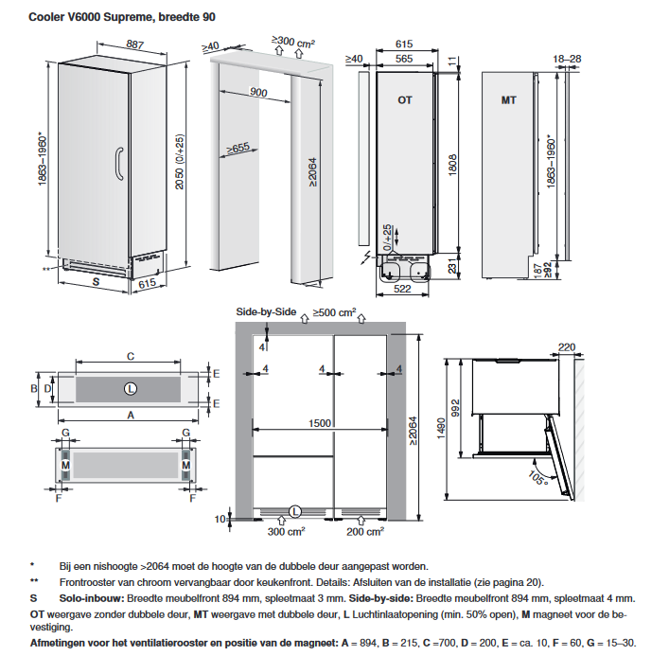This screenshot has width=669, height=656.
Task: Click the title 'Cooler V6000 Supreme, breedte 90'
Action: click(122, 17)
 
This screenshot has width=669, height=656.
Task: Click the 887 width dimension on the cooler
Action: click(134, 44)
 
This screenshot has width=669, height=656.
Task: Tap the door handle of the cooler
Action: click(118, 165)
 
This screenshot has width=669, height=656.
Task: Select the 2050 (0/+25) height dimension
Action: click(180, 162)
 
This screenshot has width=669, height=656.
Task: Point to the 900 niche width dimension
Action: click(258, 92)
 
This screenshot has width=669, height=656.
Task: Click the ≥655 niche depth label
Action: click(238, 149)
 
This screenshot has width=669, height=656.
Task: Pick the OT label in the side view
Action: click(405, 100)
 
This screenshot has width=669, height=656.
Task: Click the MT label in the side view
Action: click(508, 100)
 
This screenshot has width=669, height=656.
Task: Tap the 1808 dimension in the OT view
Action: click(452, 165)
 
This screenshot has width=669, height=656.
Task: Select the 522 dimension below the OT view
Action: click(402, 289)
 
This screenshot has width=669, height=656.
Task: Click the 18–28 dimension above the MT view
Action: click(567, 59)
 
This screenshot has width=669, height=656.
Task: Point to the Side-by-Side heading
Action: click(266, 312)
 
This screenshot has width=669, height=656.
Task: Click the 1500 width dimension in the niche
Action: click(320, 423)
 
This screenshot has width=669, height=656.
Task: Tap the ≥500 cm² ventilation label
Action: click(335, 312)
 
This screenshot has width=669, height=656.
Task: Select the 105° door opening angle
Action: click(538, 478)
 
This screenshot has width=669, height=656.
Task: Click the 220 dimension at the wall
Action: click(567, 347)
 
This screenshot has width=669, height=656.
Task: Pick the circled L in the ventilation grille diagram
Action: click(131, 389)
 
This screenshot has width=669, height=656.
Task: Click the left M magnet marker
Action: click(65, 465)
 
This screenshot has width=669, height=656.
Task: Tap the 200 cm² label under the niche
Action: click(365, 531)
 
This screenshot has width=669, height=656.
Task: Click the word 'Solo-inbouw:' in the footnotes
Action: click(92, 598)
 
